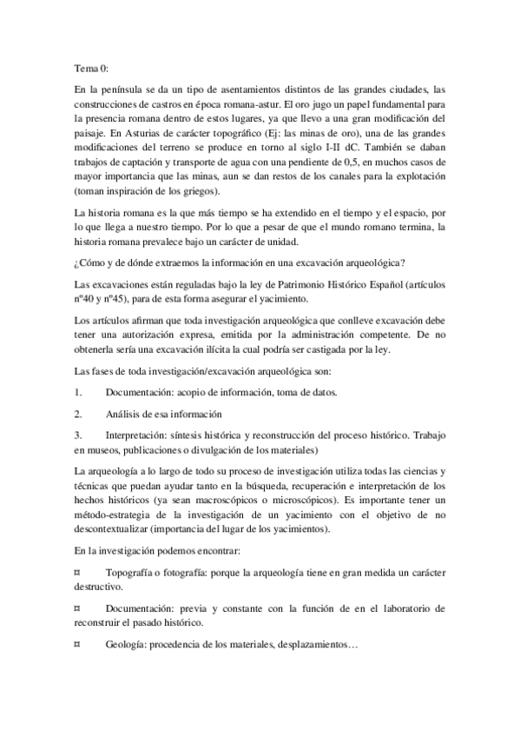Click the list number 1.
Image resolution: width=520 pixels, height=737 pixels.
pos(77,392)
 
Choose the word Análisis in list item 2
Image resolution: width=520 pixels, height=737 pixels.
pos(127,414)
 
